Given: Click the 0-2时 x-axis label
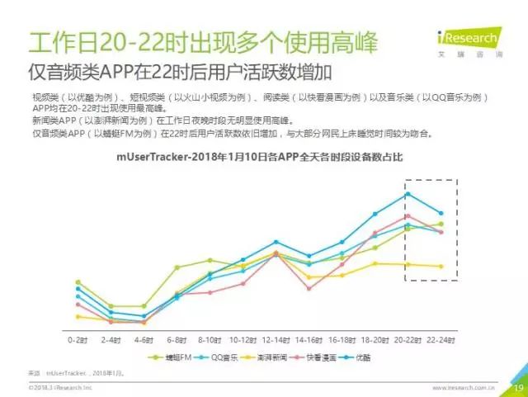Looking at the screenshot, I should [78, 338].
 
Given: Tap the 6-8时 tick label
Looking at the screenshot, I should [177, 338].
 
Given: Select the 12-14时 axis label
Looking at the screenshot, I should [275, 338].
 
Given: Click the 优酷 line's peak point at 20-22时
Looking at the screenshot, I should [408, 194].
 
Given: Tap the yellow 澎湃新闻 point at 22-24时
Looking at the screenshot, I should [441, 267].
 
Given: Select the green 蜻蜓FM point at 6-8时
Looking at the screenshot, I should [177, 267].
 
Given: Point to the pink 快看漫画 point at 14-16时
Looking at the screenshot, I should [309, 288].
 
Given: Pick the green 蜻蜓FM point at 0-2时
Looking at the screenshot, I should [78, 282].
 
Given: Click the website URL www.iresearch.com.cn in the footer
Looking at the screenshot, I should [464, 386].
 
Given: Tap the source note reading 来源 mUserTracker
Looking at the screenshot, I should [74, 374].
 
